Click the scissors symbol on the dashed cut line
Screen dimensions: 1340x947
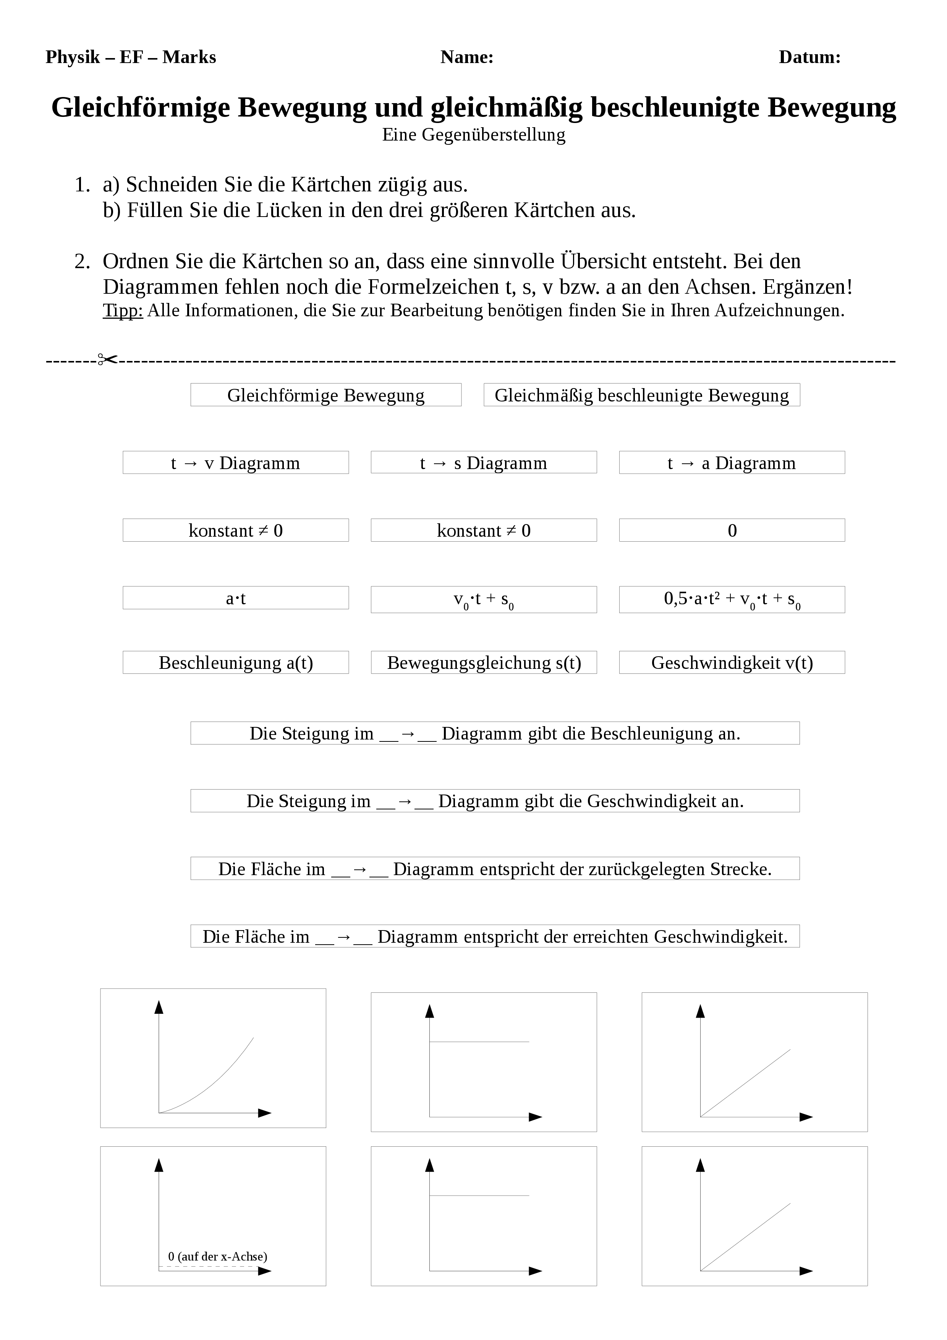[107, 359]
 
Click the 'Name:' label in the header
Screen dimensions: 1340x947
[467, 57]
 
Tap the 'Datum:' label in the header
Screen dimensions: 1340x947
[809, 57]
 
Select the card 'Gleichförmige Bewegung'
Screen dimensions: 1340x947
[325, 395]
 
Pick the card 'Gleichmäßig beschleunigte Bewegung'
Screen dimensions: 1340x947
[641, 395]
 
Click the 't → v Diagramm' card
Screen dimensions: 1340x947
[236, 463]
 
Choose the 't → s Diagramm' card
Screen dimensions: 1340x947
[484, 463]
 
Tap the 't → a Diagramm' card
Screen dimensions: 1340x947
[732, 463]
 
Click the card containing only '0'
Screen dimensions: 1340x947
[732, 531]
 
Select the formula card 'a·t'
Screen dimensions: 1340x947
[236, 598]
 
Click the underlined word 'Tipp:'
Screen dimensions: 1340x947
[123, 311]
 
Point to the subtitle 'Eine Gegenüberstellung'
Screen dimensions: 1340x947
[474, 135]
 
